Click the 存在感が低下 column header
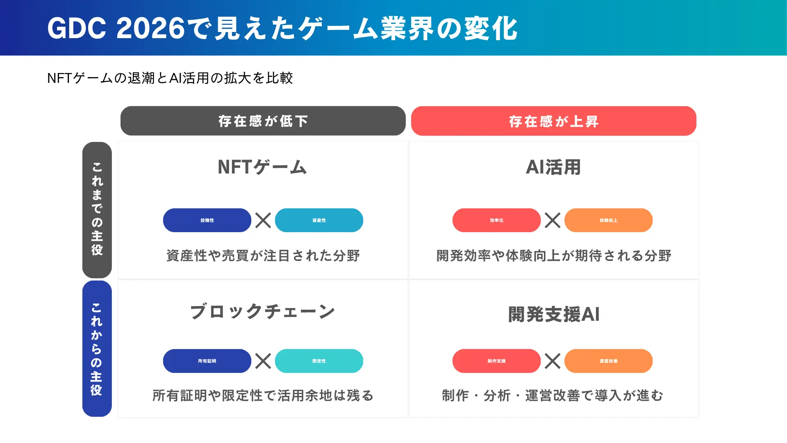pyautogui.click(x=263, y=121)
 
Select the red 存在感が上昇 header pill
pyautogui.click(x=553, y=121)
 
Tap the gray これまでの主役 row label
pyautogui.click(x=97, y=210)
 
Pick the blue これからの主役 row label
pyautogui.click(x=97, y=349)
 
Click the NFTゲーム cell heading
pyautogui.click(x=262, y=167)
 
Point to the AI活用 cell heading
pyautogui.click(x=553, y=167)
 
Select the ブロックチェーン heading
pyautogui.click(x=262, y=312)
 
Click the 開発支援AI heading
pyautogui.click(x=553, y=315)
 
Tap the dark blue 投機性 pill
pyautogui.click(x=207, y=220)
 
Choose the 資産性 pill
pyautogui.click(x=319, y=220)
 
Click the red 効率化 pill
pyautogui.click(x=496, y=220)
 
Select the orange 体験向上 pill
pyautogui.click(x=608, y=220)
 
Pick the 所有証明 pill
pyautogui.click(x=207, y=361)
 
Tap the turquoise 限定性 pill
pyautogui.click(x=319, y=361)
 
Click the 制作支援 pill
pyautogui.click(x=496, y=361)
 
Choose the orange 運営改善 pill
pyautogui.click(x=608, y=361)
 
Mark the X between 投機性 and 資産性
pyautogui.click(x=263, y=220)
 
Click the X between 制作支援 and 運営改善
pyautogui.click(x=553, y=361)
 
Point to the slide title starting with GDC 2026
pyautogui.click(x=282, y=29)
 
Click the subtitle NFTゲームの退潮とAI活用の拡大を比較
pyautogui.click(x=170, y=78)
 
